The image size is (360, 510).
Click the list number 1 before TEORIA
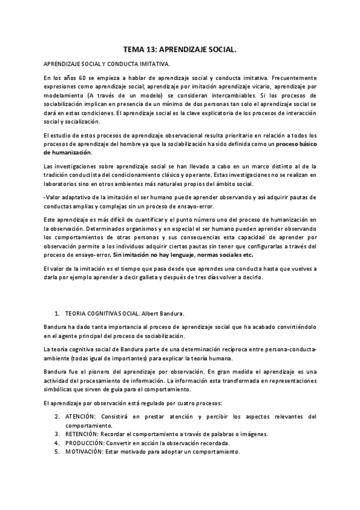point(56,313)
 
